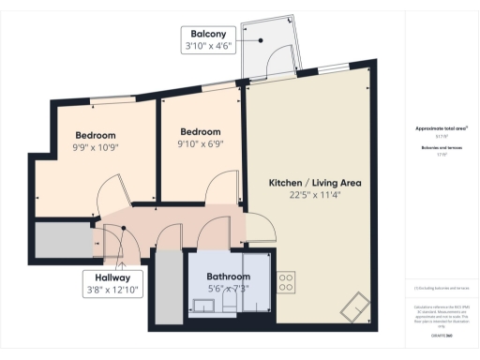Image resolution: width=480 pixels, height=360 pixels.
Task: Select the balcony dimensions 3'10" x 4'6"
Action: (207, 45)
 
